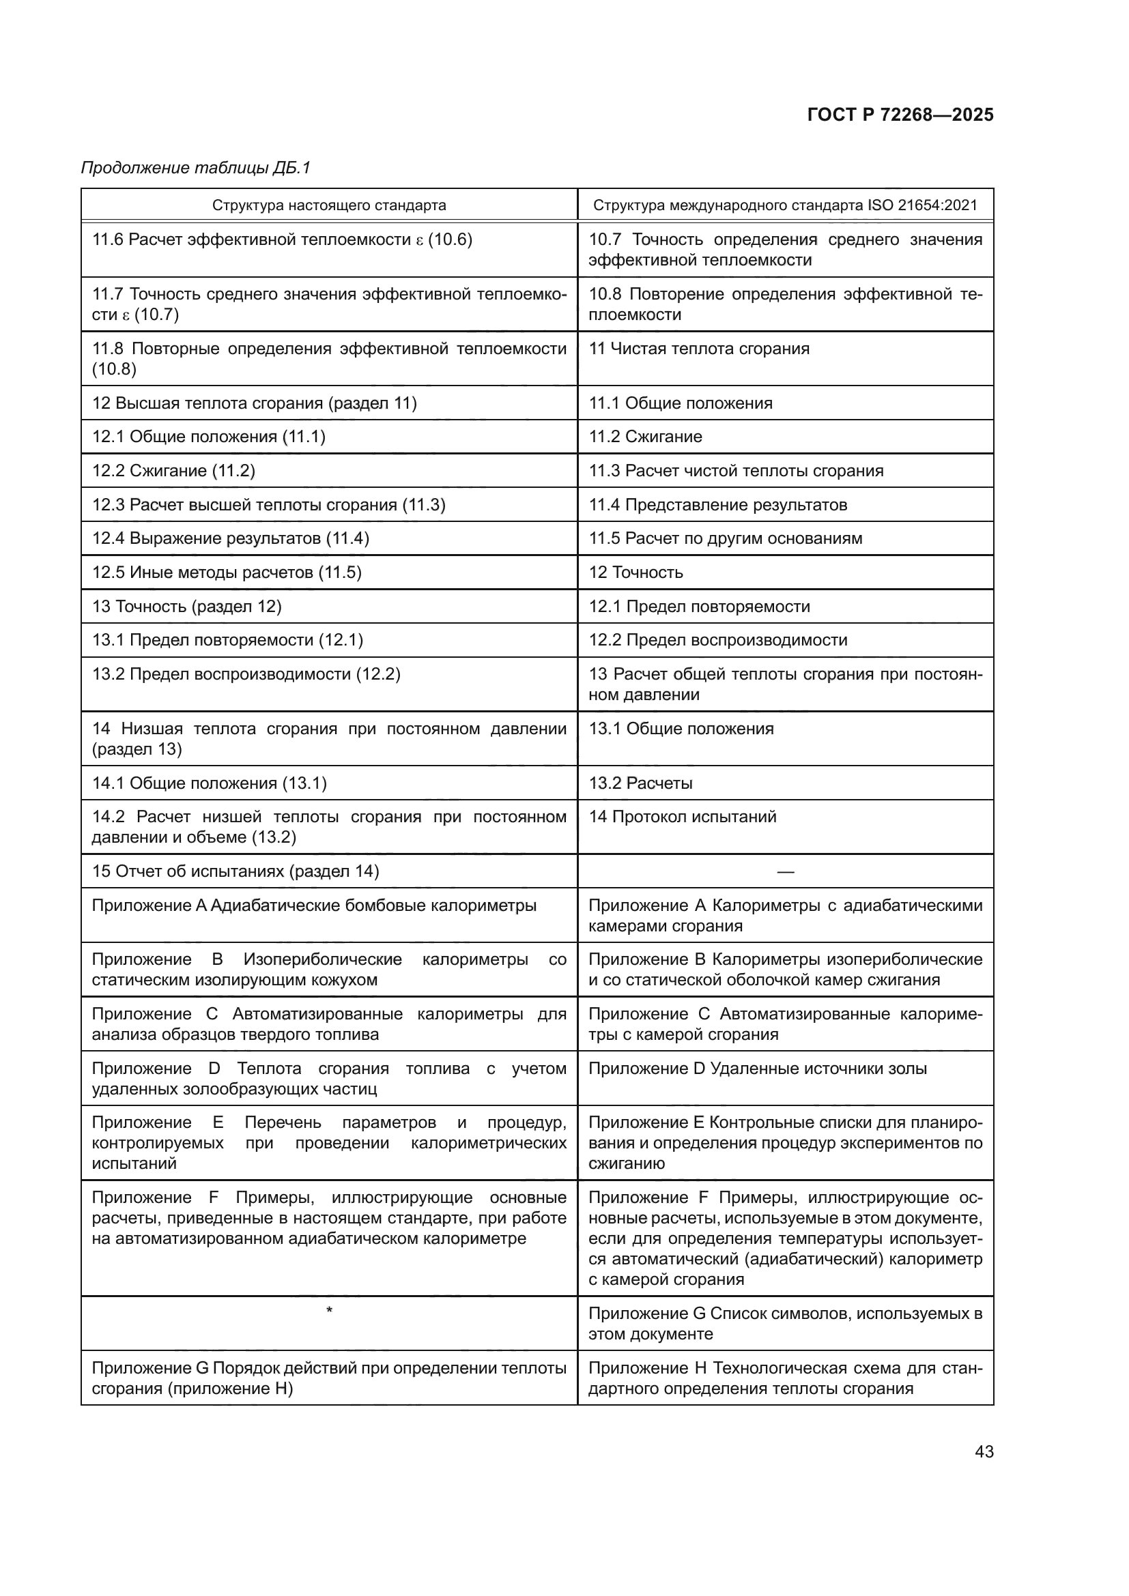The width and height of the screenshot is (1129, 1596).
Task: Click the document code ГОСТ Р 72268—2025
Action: [900, 115]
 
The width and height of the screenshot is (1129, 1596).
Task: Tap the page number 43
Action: [984, 1451]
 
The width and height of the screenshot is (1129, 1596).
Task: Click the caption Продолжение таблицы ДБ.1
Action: [195, 168]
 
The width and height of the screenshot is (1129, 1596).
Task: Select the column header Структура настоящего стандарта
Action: [329, 205]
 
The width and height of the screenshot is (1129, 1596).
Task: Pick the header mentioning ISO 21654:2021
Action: [785, 205]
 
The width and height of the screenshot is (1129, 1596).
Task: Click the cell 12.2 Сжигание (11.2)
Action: [174, 471]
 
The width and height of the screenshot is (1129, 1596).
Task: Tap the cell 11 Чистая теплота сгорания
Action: [699, 348]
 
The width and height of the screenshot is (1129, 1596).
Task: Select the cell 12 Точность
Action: [635, 572]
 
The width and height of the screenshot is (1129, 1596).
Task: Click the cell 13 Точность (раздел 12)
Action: [187, 606]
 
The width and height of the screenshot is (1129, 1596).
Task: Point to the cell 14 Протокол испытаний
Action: [682, 817]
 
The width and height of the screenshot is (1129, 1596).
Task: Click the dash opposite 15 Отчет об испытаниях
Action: [785, 871]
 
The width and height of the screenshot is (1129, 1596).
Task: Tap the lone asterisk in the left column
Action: [329, 1310]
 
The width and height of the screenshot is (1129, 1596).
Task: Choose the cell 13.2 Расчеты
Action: [640, 783]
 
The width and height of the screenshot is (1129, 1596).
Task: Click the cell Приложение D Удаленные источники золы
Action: [757, 1069]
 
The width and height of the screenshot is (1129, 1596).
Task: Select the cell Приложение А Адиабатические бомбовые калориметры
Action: [314, 905]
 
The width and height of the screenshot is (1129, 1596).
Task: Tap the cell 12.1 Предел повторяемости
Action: [700, 606]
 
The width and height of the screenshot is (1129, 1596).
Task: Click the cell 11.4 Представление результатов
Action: [717, 505]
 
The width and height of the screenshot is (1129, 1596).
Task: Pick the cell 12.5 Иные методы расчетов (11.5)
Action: [227, 572]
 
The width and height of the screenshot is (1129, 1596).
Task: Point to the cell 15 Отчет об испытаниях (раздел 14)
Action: [235, 871]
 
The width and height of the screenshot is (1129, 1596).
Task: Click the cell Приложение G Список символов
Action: [785, 1324]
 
